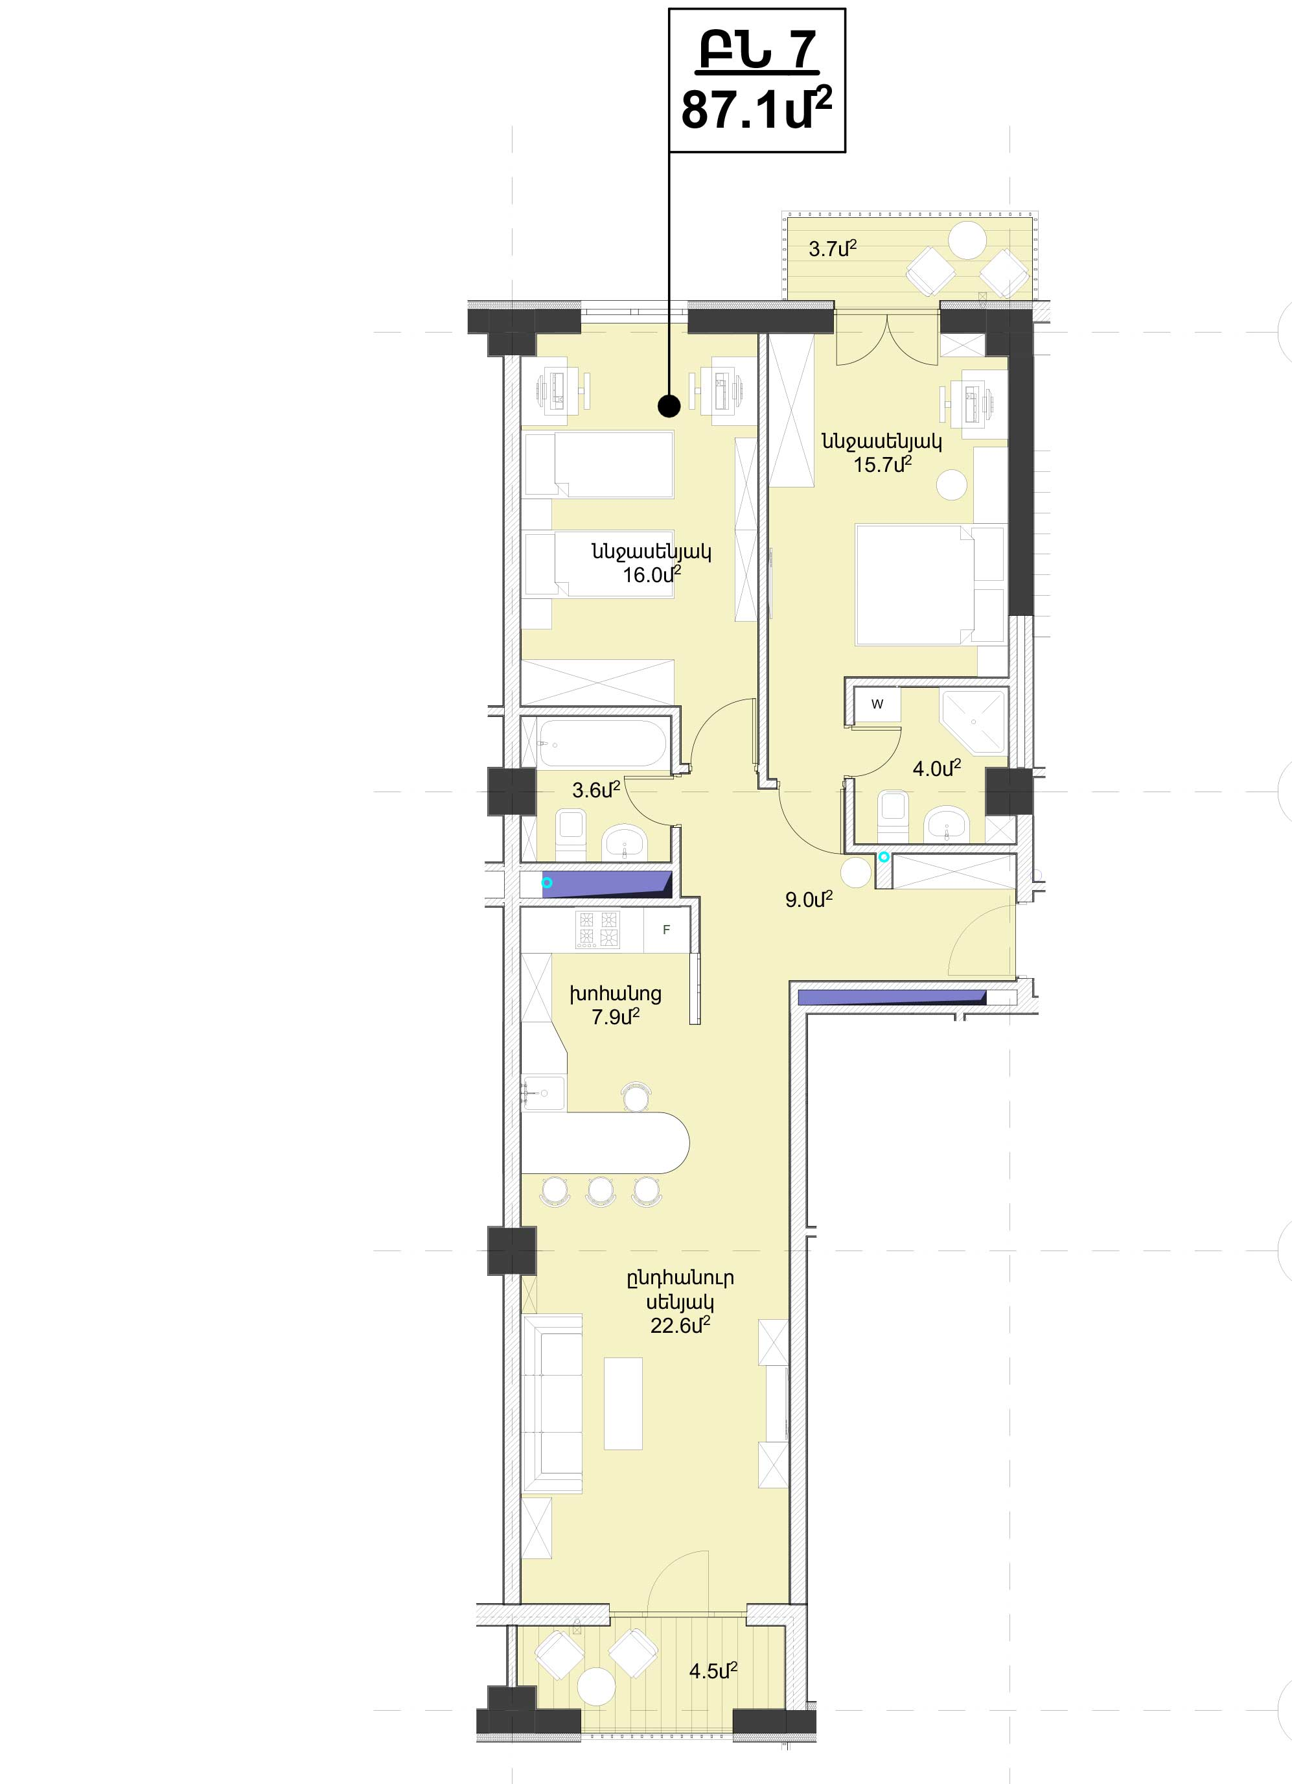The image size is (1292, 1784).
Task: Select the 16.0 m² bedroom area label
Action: coord(652,574)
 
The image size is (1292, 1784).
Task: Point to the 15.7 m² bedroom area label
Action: coord(882,464)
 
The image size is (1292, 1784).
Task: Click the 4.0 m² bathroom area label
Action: coord(936,768)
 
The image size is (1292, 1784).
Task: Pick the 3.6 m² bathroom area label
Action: coord(596,790)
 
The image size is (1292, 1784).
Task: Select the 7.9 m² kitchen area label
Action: coord(615,1017)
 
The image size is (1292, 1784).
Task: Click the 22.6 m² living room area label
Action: coord(680,1326)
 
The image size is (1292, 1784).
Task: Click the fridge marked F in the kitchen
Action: coord(666,930)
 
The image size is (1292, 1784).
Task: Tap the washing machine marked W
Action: coord(877,704)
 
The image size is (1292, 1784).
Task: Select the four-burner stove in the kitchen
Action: coord(599,929)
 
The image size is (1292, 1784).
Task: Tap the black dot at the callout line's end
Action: coord(669,406)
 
